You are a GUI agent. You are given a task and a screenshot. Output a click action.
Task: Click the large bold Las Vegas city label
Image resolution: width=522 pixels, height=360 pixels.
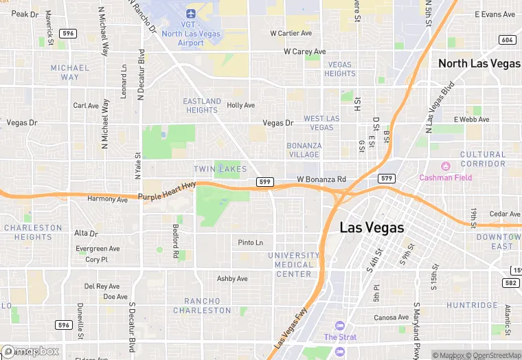tap(372, 227)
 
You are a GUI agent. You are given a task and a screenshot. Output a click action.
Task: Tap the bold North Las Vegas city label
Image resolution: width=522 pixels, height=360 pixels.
tap(479, 63)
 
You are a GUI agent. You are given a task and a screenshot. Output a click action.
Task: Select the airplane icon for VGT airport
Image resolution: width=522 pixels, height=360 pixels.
tap(190, 14)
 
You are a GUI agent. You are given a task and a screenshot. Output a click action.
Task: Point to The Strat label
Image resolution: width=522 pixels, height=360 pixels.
tap(340, 337)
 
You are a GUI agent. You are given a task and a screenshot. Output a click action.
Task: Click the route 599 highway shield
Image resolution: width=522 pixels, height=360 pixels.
tap(264, 181)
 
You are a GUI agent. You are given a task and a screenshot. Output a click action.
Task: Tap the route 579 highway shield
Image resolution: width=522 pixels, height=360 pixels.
tap(387, 179)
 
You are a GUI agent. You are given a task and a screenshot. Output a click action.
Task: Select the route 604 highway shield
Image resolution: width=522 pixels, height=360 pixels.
tap(508, 40)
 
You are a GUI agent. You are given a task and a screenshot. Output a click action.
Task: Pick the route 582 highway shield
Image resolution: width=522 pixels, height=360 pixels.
tap(510, 282)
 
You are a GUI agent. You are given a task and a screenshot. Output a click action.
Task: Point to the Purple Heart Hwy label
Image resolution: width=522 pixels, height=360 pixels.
tap(167, 192)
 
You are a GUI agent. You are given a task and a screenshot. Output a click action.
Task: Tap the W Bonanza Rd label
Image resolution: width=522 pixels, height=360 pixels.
tap(321, 179)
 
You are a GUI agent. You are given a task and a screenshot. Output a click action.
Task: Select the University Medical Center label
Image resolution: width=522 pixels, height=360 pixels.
tap(293, 265)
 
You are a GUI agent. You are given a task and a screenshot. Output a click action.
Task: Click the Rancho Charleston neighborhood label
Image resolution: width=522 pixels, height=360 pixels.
tap(202, 306)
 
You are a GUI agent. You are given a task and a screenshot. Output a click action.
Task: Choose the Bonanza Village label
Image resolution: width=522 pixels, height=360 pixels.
tap(304, 150)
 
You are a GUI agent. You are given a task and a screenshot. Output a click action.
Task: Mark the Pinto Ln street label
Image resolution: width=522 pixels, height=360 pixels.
tap(250, 243)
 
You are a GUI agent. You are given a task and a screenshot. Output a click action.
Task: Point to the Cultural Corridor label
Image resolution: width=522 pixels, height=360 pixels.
tap(482, 159)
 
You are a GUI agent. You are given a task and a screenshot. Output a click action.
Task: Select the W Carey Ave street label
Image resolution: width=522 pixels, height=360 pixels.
tap(305, 52)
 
